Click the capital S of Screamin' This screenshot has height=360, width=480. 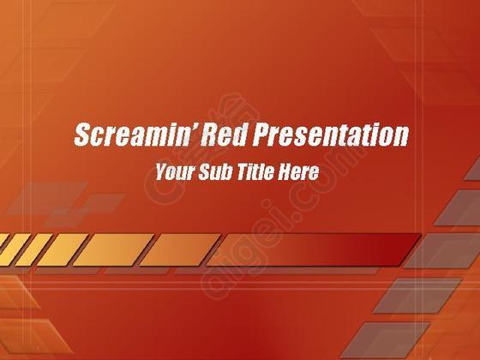[x=83, y=134]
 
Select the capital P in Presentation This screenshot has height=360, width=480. [x=262, y=134]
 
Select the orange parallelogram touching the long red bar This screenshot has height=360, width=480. [x=180, y=249]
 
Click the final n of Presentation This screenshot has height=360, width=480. [x=400, y=136]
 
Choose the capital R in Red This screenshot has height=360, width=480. [x=210, y=134]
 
